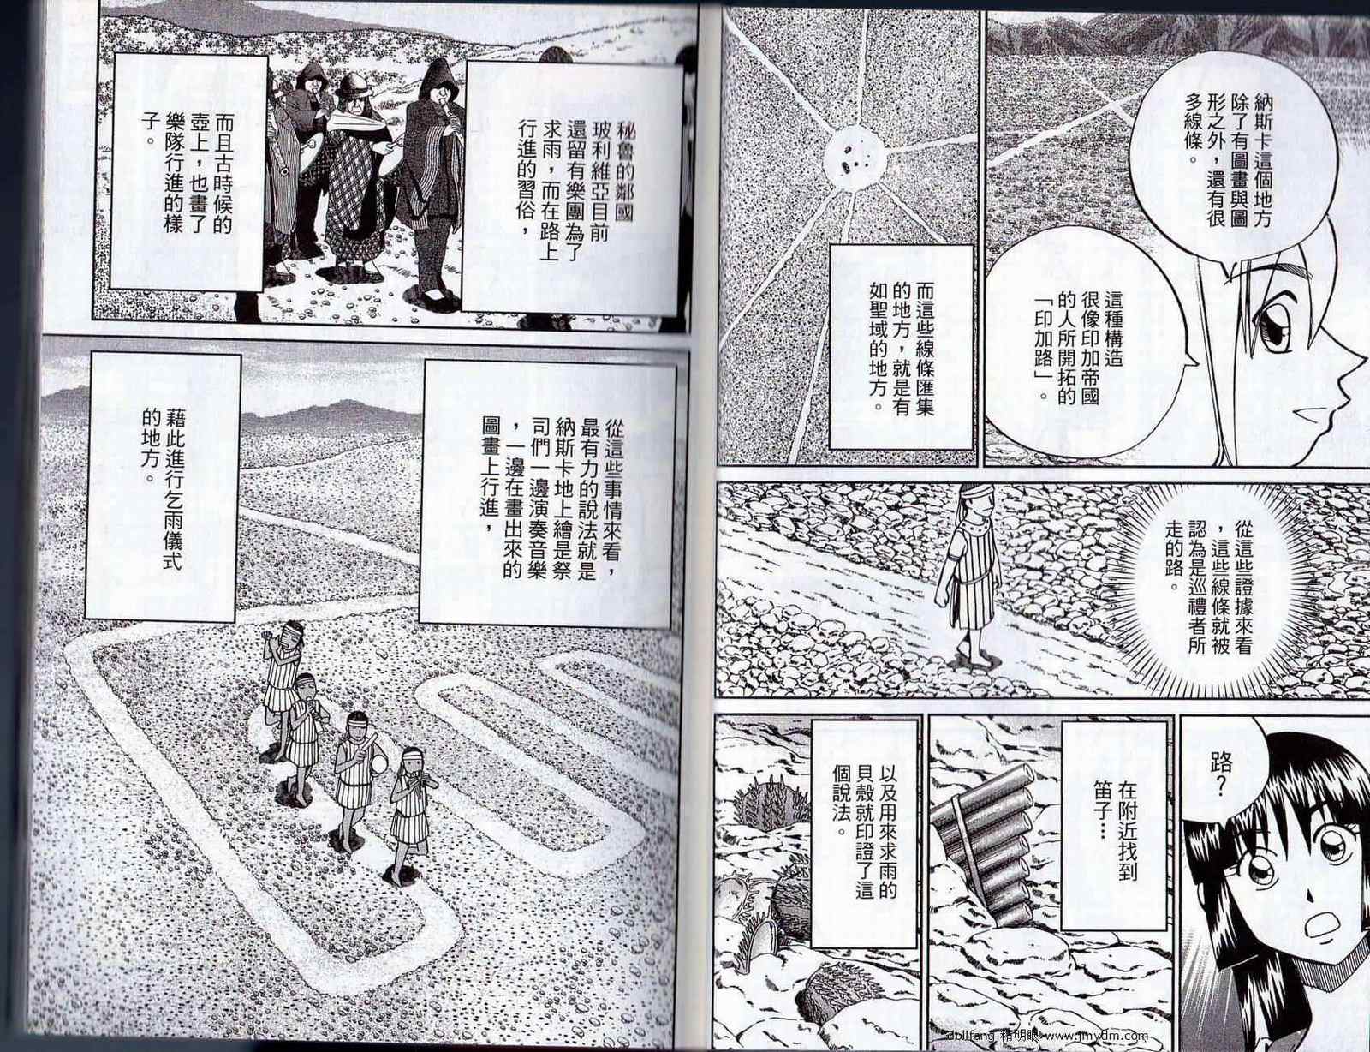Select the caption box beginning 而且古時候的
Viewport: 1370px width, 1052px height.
188,172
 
